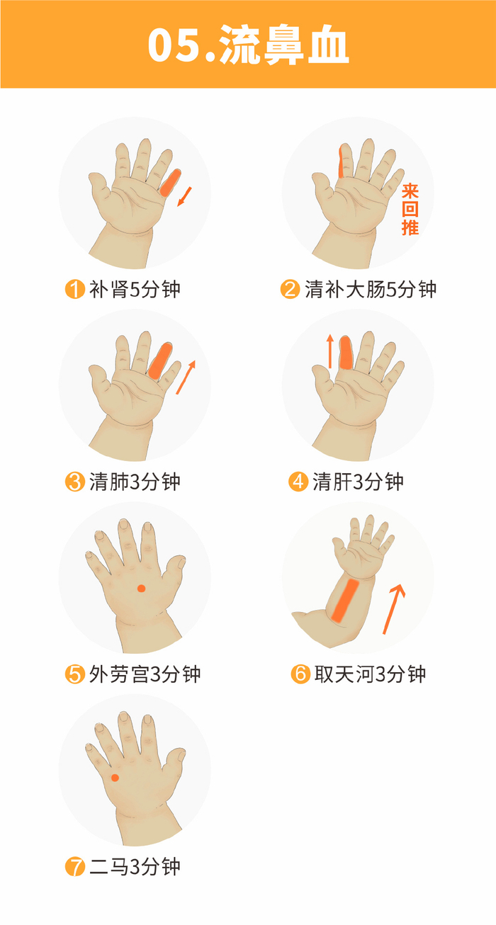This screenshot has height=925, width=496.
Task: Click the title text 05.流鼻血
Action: [x=248, y=45]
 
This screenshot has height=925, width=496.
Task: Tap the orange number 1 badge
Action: [x=74, y=290]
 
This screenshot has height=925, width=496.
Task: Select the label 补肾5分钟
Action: [x=135, y=290]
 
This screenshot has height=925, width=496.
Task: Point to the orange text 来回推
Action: [x=410, y=209]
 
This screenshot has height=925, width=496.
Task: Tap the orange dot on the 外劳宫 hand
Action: [x=141, y=588]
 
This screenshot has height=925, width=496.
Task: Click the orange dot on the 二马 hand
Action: [x=115, y=778]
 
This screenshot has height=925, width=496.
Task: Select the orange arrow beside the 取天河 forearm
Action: [x=393, y=608]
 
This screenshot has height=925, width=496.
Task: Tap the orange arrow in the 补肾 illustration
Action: [x=184, y=196]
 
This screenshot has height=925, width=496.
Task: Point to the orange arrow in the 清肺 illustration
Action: [x=186, y=377]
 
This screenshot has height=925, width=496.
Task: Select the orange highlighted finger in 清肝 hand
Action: [x=346, y=353]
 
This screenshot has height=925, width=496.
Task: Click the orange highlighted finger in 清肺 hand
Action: [x=160, y=360]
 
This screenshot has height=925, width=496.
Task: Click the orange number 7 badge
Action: [x=74, y=866]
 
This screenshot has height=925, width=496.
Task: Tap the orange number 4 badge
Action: [x=298, y=482]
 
